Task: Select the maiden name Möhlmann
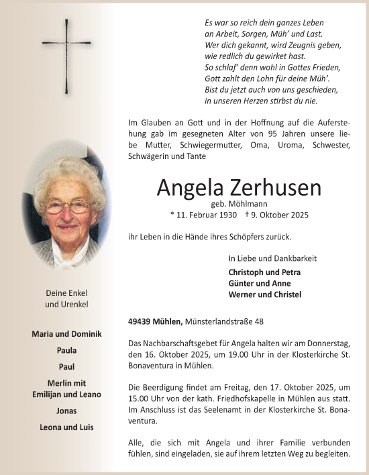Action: point(247,203)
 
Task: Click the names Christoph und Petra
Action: point(264,272)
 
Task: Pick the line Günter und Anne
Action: point(259,283)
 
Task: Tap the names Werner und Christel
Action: point(264,295)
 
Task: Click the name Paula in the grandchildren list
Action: point(66,350)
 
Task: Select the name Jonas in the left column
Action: point(66,411)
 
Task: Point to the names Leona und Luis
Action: point(66,427)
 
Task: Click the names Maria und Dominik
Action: point(66,334)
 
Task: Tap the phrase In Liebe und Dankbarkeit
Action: point(272,258)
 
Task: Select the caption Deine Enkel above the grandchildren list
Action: point(66,293)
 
